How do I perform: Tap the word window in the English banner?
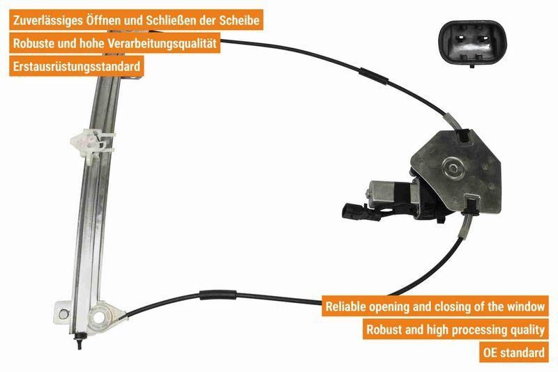[522, 306]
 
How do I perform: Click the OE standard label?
[513, 352]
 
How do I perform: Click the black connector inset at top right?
[473, 43]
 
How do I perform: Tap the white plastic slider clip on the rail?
[83, 141]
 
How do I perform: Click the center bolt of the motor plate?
[455, 168]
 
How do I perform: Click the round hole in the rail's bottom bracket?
[100, 317]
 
